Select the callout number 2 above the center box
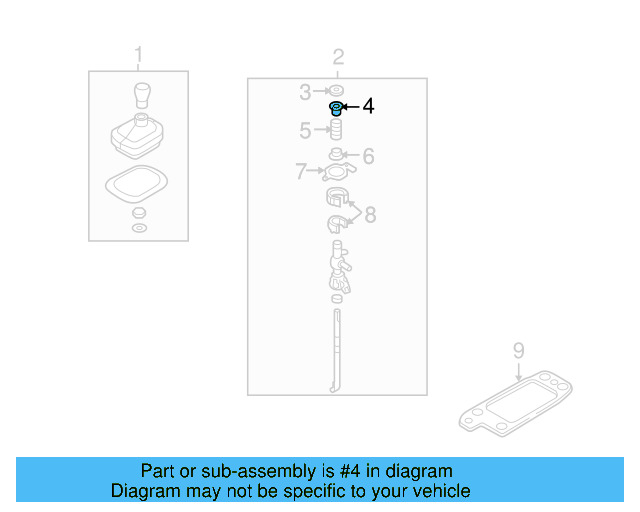[x=338, y=57]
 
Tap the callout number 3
[x=306, y=93]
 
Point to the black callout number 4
[x=368, y=105]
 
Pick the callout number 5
[x=306, y=130]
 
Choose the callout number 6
[x=368, y=156]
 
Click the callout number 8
[x=370, y=214]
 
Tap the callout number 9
[x=518, y=350]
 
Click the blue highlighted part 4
[x=337, y=108]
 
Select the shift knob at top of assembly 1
[x=141, y=98]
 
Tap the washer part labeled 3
[x=337, y=93]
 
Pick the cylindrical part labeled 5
[x=337, y=131]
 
